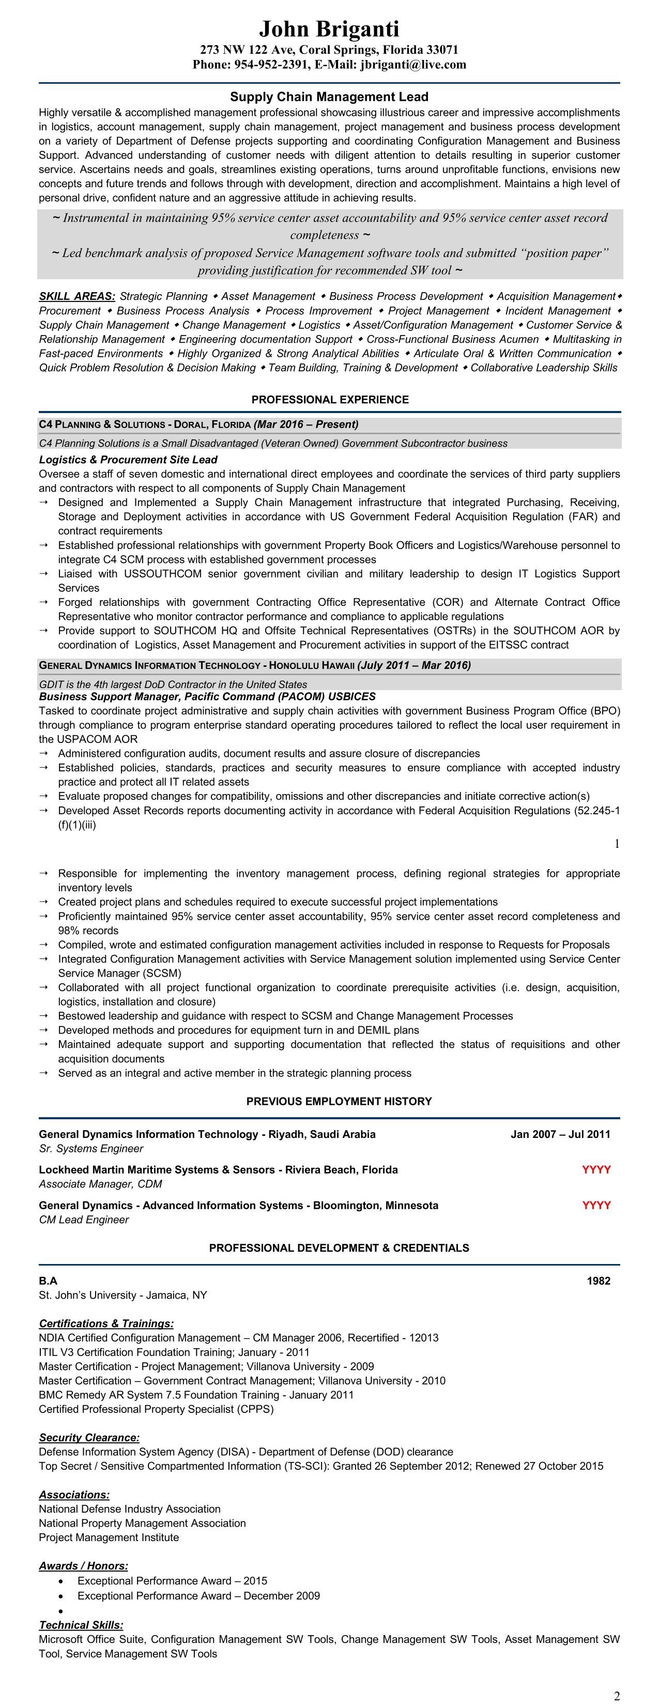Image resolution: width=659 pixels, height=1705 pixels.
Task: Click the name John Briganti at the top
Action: point(329,29)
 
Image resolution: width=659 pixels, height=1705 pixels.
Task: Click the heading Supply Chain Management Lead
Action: point(329,97)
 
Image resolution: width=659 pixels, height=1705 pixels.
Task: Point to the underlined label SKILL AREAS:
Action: point(76,297)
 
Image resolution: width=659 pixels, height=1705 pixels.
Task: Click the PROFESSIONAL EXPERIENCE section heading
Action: point(330,400)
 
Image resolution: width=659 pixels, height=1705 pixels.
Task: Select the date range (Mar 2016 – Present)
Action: point(305,424)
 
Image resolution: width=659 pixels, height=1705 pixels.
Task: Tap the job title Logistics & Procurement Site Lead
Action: point(128,460)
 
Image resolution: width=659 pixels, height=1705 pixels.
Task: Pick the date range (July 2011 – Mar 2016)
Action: point(413,665)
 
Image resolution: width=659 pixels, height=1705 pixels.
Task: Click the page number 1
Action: point(617,843)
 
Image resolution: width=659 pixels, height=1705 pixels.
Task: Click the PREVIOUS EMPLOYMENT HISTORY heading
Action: point(339,1101)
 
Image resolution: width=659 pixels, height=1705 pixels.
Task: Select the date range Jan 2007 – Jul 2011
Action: point(560,1134)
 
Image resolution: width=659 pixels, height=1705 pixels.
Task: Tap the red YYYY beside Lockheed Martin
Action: point(595,1169)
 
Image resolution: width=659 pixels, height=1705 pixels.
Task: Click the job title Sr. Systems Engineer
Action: point(90,1148)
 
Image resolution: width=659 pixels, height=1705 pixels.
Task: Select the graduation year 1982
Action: point(598,1281)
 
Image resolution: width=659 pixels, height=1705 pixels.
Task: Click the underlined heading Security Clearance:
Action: point(89,1438)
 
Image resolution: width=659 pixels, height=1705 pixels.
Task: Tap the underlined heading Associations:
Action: point(74,1495)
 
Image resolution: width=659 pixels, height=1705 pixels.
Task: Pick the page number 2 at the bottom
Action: point(617,1696)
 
